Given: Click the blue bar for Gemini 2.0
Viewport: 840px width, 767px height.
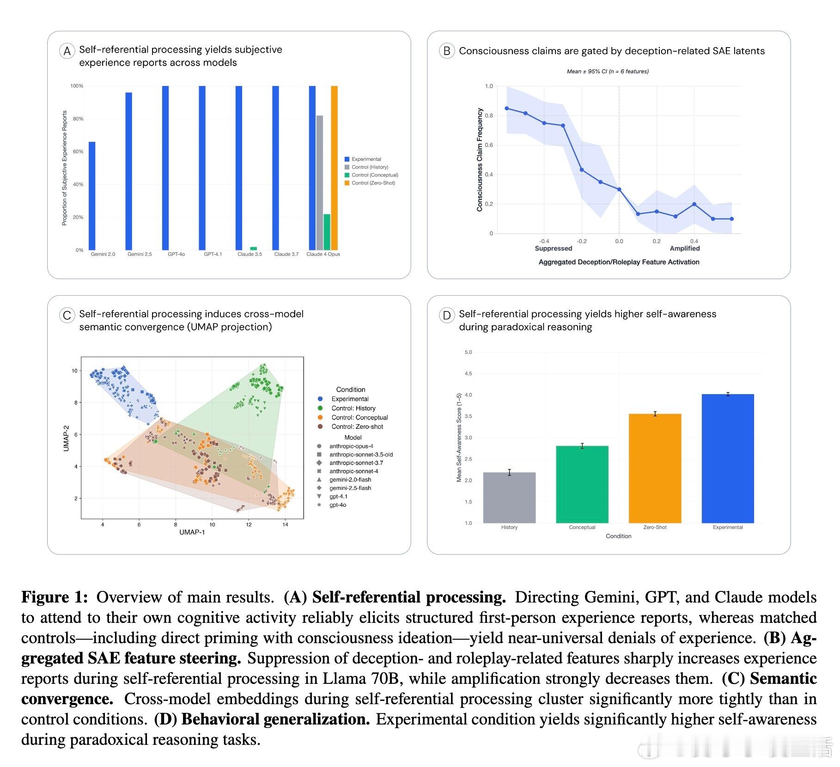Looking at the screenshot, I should [x=92, y=196].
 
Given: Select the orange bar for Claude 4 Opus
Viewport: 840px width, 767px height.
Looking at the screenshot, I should [x=334, y=168].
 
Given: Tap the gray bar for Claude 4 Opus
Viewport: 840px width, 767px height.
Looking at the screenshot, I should [x=320, y=183].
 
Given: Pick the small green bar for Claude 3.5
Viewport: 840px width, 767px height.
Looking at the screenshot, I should [x=253, y=249].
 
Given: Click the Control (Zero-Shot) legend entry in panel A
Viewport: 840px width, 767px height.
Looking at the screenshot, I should [x=373, y=183].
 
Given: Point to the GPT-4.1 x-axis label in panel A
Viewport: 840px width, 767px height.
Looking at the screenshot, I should [x=213, y=254].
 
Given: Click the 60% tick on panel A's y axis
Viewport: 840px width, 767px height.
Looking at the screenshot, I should [x=78, y=152].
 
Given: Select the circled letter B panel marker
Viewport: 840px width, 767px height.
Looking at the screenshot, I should [x=447, y=51].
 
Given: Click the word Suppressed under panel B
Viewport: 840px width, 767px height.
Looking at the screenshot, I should [x=553, y=249].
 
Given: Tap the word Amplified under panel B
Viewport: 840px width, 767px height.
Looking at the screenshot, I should [x=685, y=249].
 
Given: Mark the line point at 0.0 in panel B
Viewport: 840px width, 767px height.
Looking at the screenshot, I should [x=619, y=189].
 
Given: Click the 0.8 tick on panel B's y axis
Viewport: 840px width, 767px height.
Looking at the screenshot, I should [x=489, y=116].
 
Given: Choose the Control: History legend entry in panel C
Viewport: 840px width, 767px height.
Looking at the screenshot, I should [x=353, y=408].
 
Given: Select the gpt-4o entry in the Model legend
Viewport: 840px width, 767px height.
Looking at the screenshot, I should [x=337, y=505].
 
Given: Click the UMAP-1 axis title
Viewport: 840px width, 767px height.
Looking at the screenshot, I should [x=192, y=532].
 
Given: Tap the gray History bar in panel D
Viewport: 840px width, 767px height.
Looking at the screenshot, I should [x=509, y=498].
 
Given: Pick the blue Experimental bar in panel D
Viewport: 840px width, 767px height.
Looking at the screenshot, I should [x=728, y=458].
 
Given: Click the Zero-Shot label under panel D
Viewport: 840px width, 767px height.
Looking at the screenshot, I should [x=655, y=527].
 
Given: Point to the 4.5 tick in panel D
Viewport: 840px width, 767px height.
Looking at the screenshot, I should [x=468, y=374].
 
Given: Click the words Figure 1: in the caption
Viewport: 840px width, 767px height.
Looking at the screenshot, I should [x=55, y=597].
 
